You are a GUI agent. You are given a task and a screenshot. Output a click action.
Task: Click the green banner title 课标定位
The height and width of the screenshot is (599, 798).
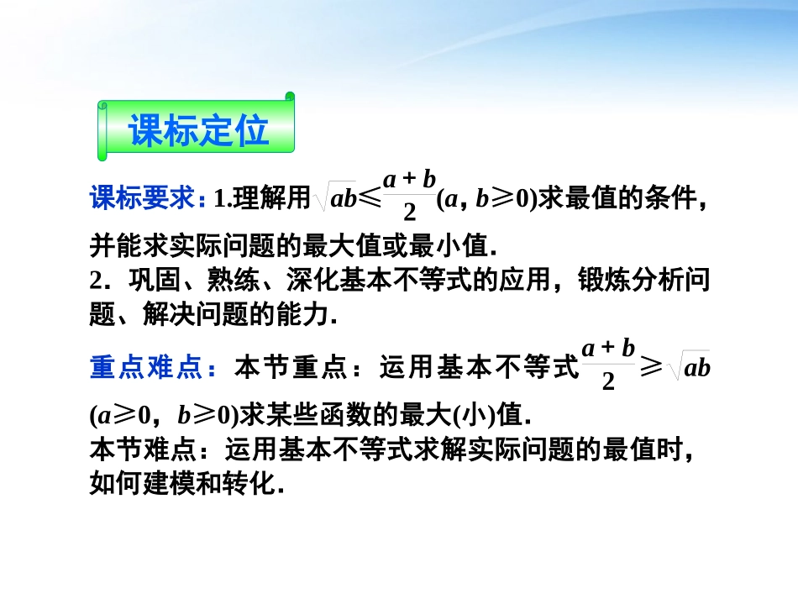click(x=198, y=130)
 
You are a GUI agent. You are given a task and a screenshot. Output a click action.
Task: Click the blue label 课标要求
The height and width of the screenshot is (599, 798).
click(x=143, y=200)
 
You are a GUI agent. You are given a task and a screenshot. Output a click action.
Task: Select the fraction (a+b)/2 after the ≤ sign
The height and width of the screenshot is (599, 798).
click(x=409, y=193)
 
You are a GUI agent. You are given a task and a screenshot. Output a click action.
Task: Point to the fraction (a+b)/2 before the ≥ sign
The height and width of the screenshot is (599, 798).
click(x=609, y=364)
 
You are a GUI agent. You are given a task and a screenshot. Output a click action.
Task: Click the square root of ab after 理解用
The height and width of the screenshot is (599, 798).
click(x=335, y=200)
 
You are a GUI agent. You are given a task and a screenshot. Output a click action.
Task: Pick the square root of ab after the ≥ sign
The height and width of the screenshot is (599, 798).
click(x=690, y=368)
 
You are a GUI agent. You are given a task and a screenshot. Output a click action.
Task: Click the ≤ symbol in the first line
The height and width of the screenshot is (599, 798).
click(x=370, y=200)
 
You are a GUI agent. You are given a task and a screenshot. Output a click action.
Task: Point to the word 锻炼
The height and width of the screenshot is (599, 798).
click(x=597, y=281)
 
